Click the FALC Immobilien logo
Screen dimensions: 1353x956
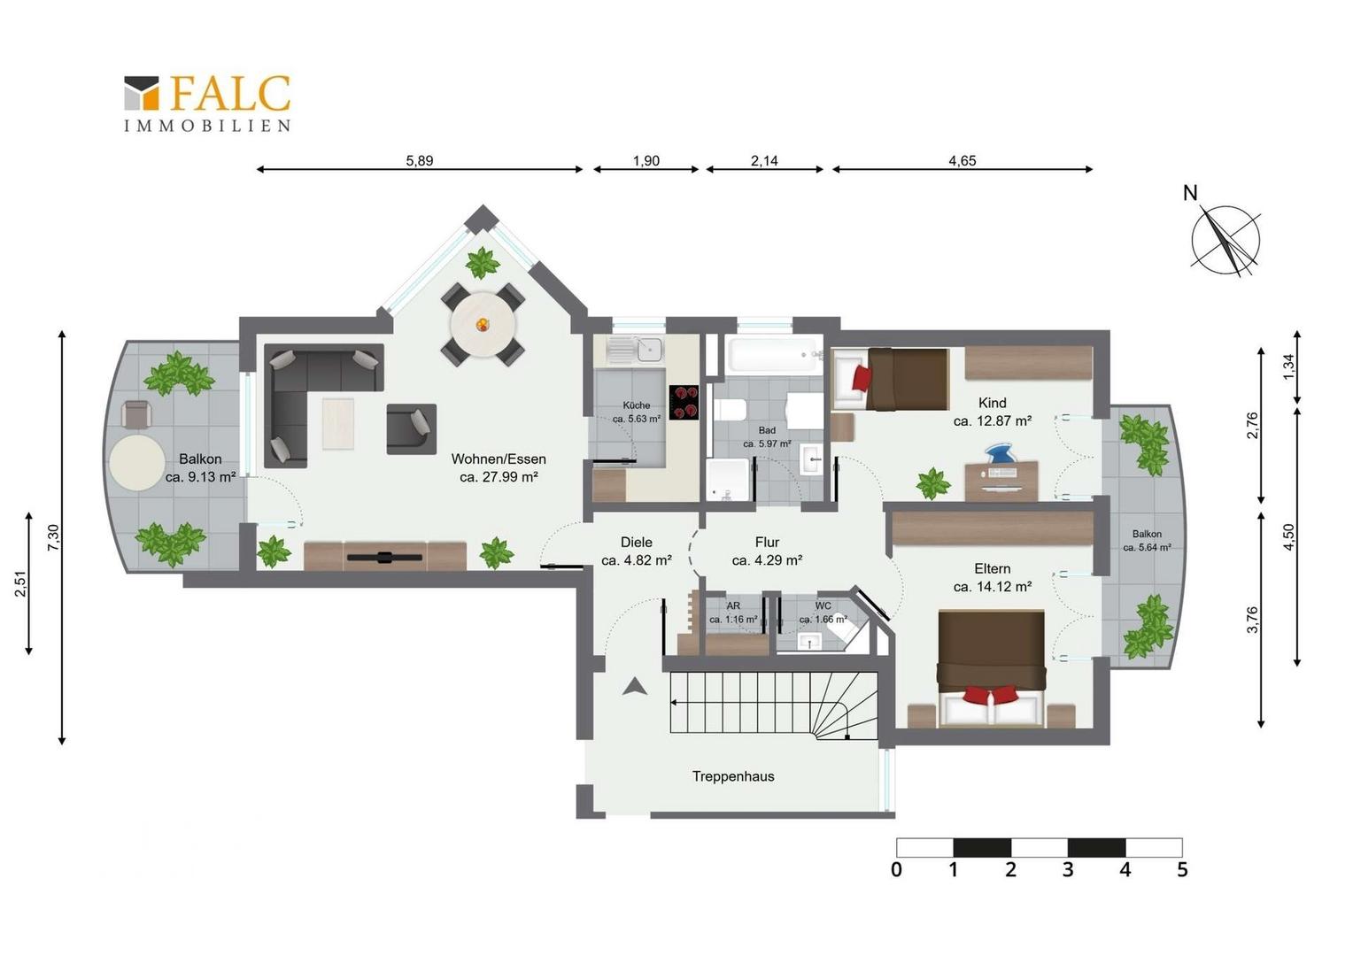click(207, 104)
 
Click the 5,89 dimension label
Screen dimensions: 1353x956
click(419, 160)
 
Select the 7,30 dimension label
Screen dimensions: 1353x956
click(53, 537)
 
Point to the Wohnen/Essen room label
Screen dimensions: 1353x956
click(499, 467)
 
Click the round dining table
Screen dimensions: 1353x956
click(483, 325)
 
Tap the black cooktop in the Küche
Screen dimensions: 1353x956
click(684, 402)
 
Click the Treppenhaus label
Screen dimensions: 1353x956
click(732, 776)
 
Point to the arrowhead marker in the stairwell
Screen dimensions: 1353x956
click(634, 687)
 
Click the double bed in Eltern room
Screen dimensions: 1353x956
click(991, 668)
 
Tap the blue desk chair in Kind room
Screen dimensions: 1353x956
click(1002, 454)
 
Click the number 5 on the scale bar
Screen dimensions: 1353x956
click(1182, 869)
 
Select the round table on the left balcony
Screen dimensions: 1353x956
click(137, 464)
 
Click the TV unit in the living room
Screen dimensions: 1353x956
click(385, 556)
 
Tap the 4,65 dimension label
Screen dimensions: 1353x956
click(963, 160)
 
